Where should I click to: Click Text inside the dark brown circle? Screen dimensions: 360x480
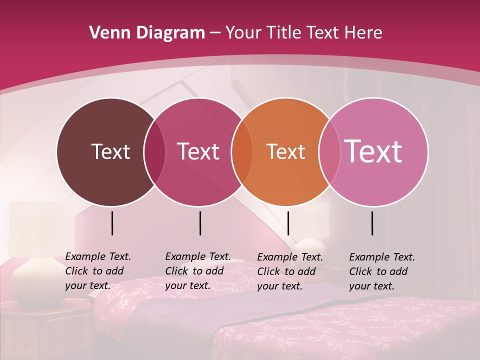[x=110, y=151]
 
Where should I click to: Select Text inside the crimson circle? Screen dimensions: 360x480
[x=198, y=151]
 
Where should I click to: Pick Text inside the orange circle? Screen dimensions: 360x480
[x=285, y=151]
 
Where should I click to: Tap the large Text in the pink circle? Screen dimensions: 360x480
[x=373, y=151]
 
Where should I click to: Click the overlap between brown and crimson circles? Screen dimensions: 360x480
[x=154, y=151]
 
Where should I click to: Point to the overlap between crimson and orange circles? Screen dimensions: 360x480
[x=242, y=151]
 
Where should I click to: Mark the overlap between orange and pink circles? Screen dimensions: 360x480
[x=329, y=151]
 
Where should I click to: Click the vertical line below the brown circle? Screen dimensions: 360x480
[x=112, y=223]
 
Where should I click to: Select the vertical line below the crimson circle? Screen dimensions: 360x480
[x=200, y=223]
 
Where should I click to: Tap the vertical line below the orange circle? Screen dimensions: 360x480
[x=288, y=223]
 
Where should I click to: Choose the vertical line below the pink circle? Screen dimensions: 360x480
[x=372, y=223]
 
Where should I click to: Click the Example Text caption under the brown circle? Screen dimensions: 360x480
[x=98, y=271]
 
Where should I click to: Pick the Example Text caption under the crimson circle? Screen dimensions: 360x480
[x=198, y=271]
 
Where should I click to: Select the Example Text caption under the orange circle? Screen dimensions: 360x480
[x=290, y=271]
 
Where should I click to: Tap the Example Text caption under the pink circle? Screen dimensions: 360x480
[x=382, y=271]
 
